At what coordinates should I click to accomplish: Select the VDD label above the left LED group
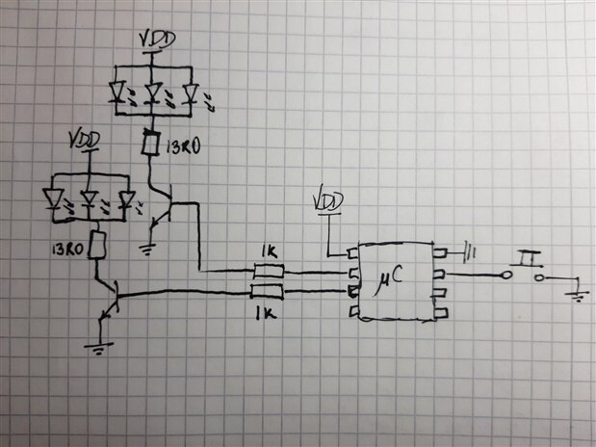[87, 141]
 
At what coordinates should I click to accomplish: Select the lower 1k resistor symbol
[268, 292]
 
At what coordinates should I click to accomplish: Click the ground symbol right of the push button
[578, 294]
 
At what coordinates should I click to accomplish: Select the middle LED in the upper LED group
[152, 93]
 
